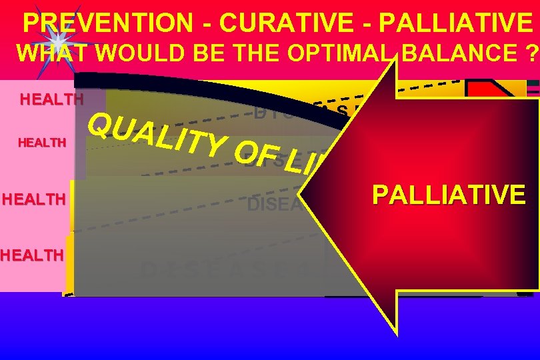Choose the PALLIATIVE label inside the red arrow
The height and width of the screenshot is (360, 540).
click(449, 195)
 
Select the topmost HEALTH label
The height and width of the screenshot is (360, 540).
click(52, 101)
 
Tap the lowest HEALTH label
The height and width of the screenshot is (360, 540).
click(31, 254)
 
